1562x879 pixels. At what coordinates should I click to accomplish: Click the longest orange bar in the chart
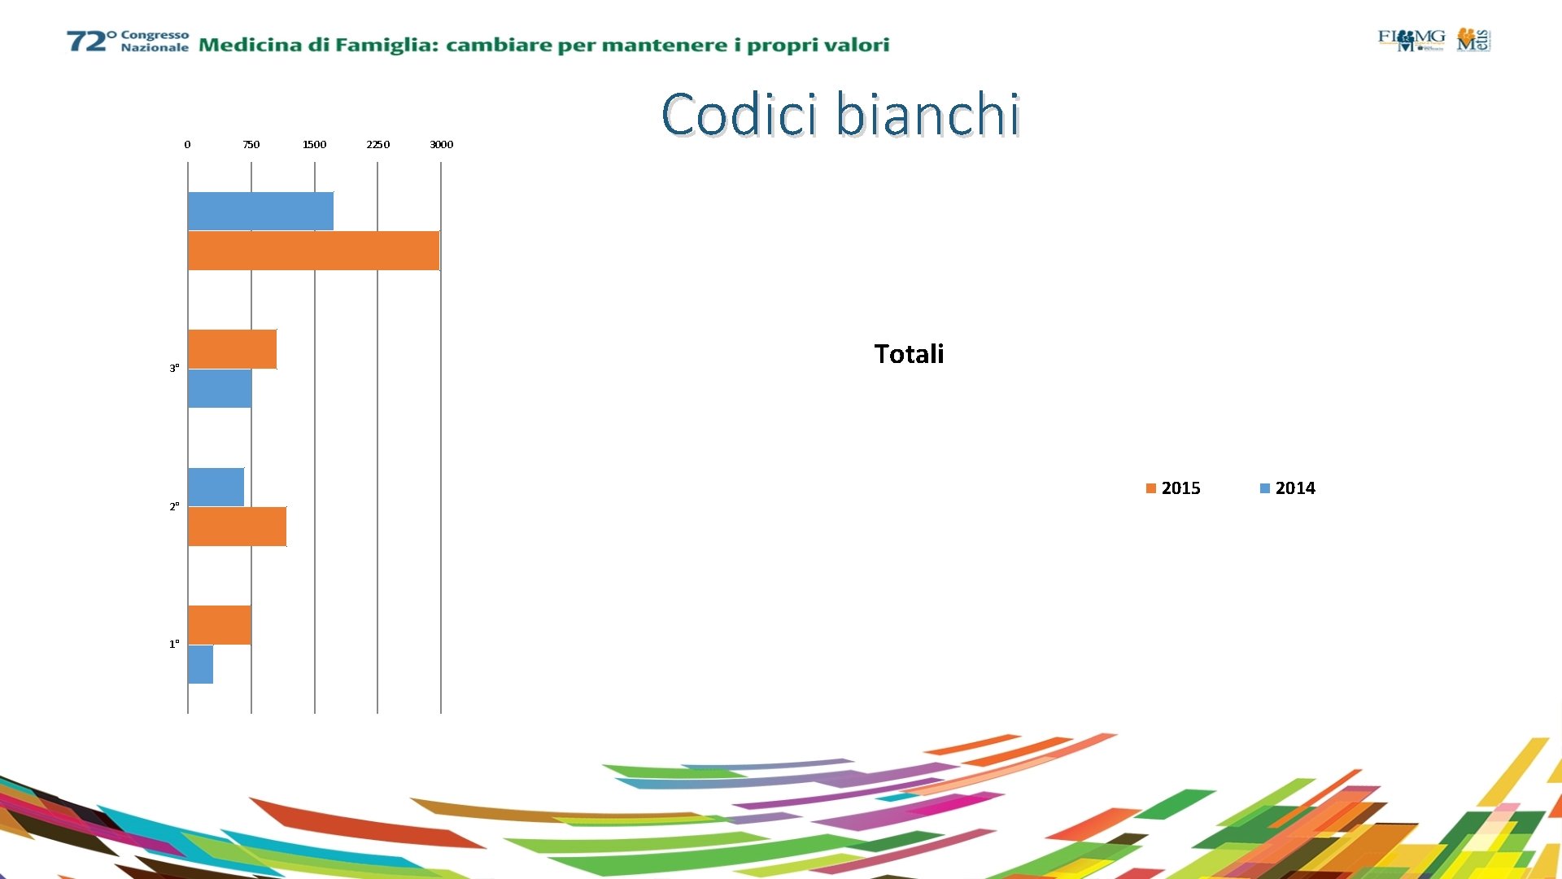click(x=313, y=251)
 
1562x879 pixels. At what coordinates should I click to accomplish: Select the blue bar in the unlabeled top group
click(x=260, y=211)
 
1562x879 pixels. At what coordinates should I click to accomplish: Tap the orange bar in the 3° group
click(x=232, y=349)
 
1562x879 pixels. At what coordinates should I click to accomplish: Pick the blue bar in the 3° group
click(x=220, y=388)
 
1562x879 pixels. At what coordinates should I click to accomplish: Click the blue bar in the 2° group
click(x=216, y=487)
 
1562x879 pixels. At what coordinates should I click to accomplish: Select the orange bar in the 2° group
click(x=237, y=527)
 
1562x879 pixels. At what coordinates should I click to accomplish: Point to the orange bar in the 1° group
click(x=219, y=625)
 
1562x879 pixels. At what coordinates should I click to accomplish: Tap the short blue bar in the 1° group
click(x=200, y=664)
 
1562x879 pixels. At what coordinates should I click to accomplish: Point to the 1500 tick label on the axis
click(x=314, y=145)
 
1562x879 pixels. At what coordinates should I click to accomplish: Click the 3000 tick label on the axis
click(x=441, y=145)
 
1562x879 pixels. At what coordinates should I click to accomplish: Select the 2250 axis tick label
click(x=377, y=145)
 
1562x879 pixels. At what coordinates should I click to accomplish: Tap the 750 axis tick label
click(x=251, y=145)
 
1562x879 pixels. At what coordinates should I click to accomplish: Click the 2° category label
click(x=174, y=506)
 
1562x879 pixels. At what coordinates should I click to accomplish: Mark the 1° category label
click(x=174, y=644)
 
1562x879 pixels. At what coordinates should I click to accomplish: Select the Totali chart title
click(x=909, y=354)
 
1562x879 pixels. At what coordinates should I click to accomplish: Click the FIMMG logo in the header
click(x=1411, y=39)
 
